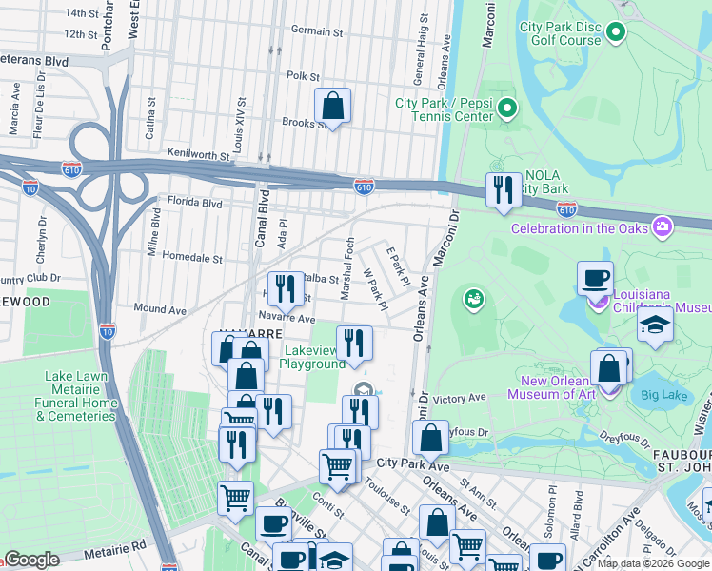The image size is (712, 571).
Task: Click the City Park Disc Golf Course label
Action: tap(560, 33)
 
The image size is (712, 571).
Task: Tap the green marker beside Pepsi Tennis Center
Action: tap(506, 109)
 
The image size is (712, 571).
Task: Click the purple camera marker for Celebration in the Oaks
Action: tap(663, 227)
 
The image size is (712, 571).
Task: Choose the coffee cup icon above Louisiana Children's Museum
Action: tap(595, 277)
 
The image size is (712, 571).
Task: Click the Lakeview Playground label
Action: tap(313, 358)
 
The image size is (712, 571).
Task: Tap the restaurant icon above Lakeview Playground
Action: tap(353, 343)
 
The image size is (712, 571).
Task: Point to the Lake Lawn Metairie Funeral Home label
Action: tap(79, 396)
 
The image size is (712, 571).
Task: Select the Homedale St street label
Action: tap(190, 258)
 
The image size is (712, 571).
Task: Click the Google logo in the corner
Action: tap(31, 560)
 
